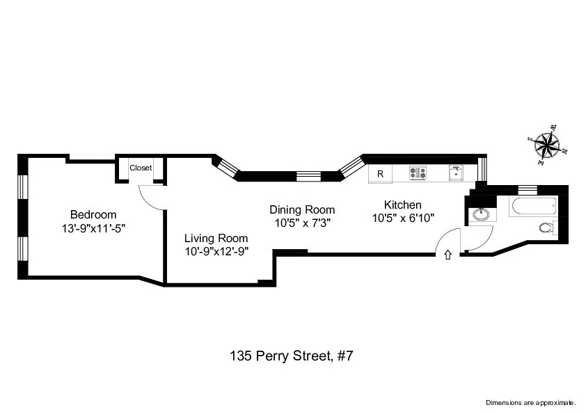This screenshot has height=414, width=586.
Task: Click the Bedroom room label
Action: pos(93,214)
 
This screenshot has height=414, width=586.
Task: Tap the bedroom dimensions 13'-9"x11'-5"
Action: pos(93,227)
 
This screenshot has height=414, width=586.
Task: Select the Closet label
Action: pos(141,168)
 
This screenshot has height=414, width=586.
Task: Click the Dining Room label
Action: pos(302,209)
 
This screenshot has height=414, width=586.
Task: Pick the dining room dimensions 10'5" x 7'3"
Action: pos(301,223)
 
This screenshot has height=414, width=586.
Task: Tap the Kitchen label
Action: pos(403,205)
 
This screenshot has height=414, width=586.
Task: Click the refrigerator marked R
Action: pos(380,174)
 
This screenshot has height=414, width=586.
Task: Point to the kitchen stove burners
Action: pos(418,173)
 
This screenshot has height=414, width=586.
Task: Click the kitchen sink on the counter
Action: pos(456,173)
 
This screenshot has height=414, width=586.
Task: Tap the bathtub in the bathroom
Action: pos(533,206)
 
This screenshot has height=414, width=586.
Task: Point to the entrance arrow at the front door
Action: pos(448,255)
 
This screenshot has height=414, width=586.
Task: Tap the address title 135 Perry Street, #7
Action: pos(292,356)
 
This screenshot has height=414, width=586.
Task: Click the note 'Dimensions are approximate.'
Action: pos(530,402)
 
